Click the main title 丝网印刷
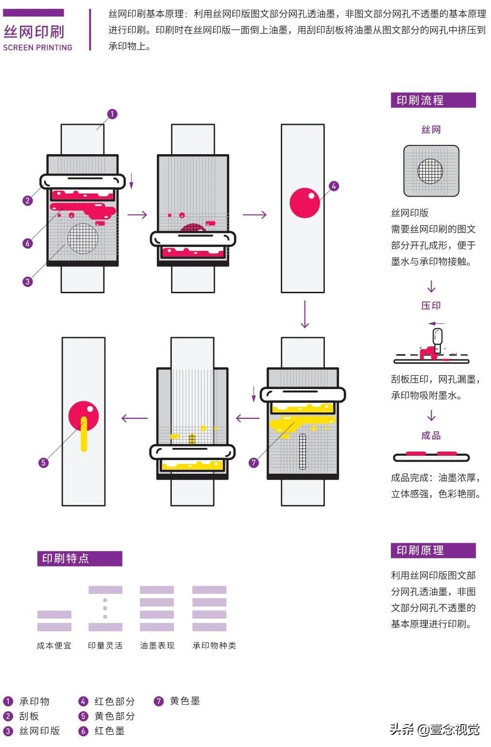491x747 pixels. (x=34, y=32)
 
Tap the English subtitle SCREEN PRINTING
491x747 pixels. (x=37, y=48)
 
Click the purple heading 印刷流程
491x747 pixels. (x=420, y=101)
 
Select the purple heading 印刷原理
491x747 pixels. (x=420, y=551)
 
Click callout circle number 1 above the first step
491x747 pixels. (x=112, y=114)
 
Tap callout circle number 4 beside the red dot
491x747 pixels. (x=334, y=186)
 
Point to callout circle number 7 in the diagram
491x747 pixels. (x=254, y=462)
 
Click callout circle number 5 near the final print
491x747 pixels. (x=43, y=462)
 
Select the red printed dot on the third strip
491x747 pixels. (x=305, y=202)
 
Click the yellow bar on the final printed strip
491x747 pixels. (x=84, y=434)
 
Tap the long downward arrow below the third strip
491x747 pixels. (x=305, y=315)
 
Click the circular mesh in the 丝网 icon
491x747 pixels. (x=430, y=171)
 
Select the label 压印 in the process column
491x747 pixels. (x=431, y=305)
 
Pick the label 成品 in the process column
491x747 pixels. (x=431, y=435)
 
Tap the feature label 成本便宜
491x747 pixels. (x=54, y=645)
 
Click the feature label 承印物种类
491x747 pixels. (x=214, y=645)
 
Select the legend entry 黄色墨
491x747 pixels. (x=185, y=701)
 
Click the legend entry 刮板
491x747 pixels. (x=29, y=716)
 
